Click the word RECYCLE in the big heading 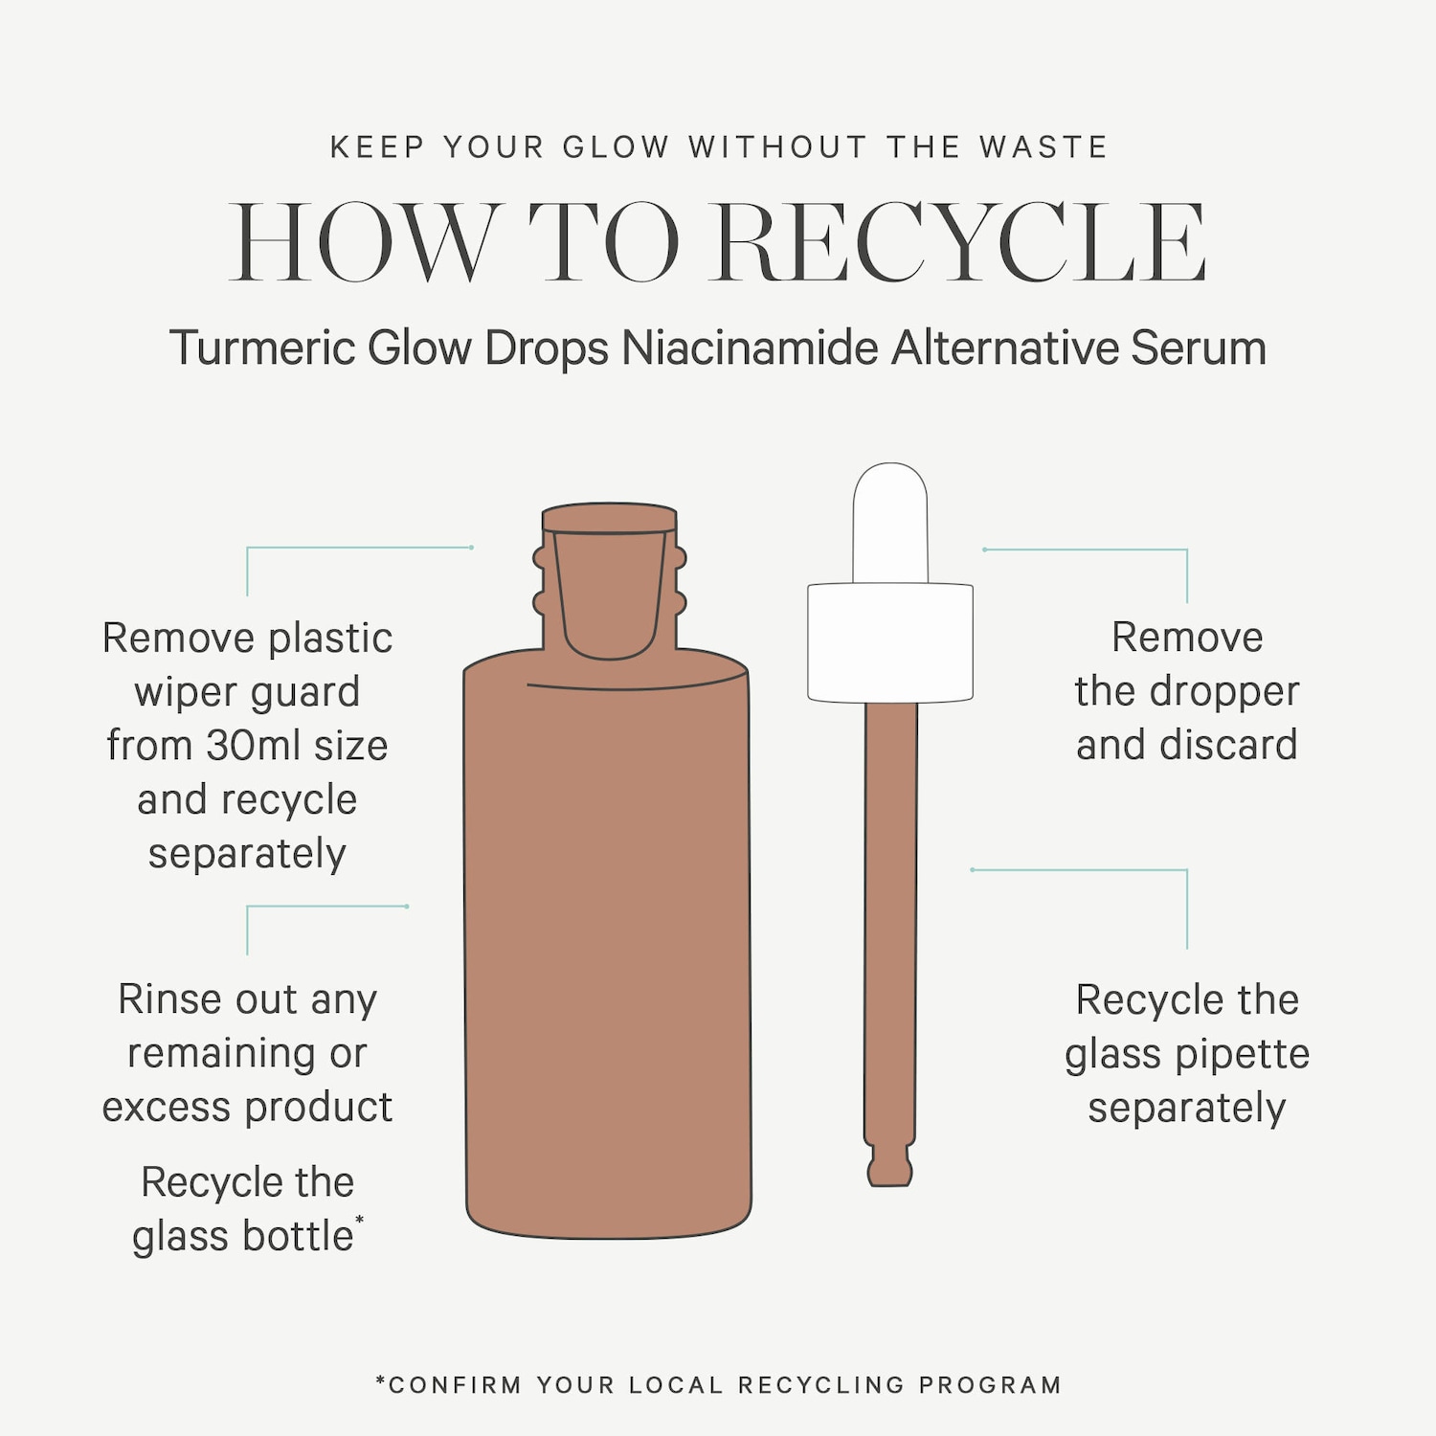coord(960,242)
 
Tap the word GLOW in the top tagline coord(616,147)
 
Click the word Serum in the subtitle coord(1199,348)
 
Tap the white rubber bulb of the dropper coord(890,523)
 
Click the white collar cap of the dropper coord(890,642)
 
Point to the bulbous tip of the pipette coord(890,1166)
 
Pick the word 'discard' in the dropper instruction coord(1228,745)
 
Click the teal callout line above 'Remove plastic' coord(360,548)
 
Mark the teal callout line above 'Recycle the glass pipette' coord(1080,870)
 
